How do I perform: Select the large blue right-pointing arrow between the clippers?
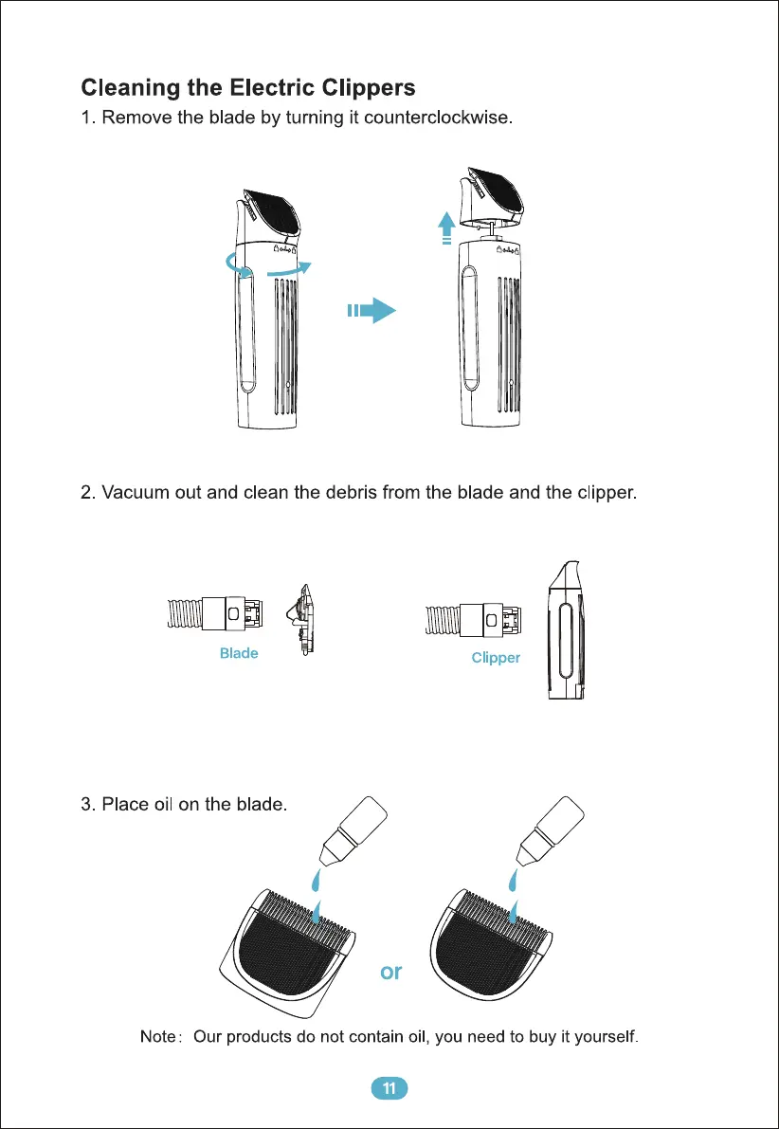click(371, 310)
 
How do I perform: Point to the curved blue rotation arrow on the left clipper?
click(274, 271)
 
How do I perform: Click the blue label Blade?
click(239, 653)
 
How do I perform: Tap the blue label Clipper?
click(496, 658)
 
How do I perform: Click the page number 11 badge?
click(389, 1087)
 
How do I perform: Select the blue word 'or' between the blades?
click(390, 972)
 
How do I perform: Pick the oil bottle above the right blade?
click(552, 829)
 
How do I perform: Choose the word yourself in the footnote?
click(604, 1037)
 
